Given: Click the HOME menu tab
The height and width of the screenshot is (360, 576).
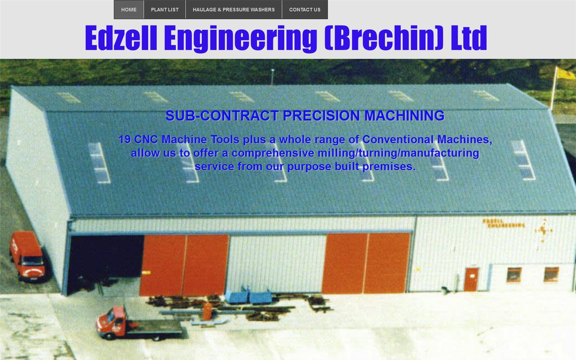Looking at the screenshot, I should coord(129,10).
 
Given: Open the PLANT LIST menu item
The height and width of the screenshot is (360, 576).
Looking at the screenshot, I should coord(165,10).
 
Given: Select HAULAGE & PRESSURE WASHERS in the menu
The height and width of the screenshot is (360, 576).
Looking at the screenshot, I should coord(234,10).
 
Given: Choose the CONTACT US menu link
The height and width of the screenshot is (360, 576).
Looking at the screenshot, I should coord(305,10).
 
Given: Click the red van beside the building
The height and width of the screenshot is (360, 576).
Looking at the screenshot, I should coord(27,256).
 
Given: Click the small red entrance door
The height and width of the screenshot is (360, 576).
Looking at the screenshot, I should coord(471,279).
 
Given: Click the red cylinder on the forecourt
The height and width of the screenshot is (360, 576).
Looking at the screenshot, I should coord(207,311).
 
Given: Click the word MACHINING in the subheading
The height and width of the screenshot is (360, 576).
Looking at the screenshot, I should coord(404,116).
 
